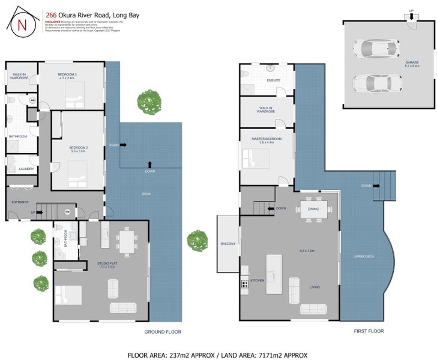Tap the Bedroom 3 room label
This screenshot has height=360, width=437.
click(67, 76)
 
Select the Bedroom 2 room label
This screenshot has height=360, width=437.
click(79, 149)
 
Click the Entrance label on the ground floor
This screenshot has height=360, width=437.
click(20, 202)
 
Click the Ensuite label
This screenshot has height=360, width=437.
click(274, 81)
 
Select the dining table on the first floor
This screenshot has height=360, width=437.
click(313, 209)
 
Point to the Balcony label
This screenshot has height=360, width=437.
click(228, 244)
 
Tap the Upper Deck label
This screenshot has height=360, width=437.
click(364, 257)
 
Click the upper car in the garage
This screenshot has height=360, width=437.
click(376, 47)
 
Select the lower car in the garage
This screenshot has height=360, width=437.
click(376, 82)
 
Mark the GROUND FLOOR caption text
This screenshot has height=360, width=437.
click(163, 332)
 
